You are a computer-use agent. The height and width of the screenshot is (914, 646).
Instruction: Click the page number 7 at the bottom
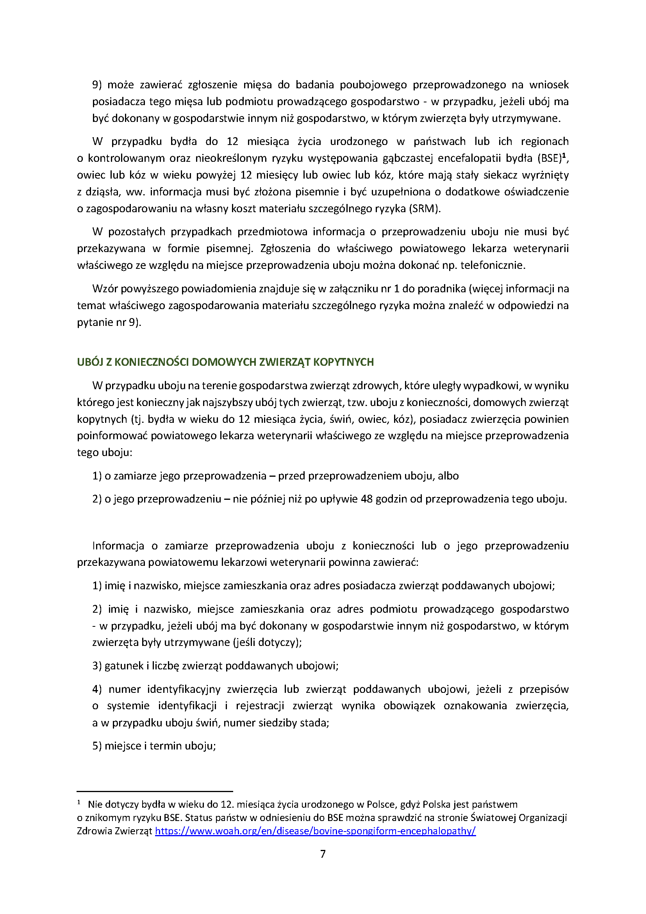pos(323,854)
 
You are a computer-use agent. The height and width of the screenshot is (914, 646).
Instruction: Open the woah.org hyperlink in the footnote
pos(315,831)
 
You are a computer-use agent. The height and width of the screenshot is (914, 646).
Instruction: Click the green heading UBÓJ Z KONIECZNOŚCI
pos(225,362)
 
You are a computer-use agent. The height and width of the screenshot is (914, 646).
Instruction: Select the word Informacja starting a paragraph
pos(118,546)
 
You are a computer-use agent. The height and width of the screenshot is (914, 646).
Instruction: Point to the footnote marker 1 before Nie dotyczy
pos(79,803)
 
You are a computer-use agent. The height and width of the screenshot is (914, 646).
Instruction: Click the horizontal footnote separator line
pos(155,791)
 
